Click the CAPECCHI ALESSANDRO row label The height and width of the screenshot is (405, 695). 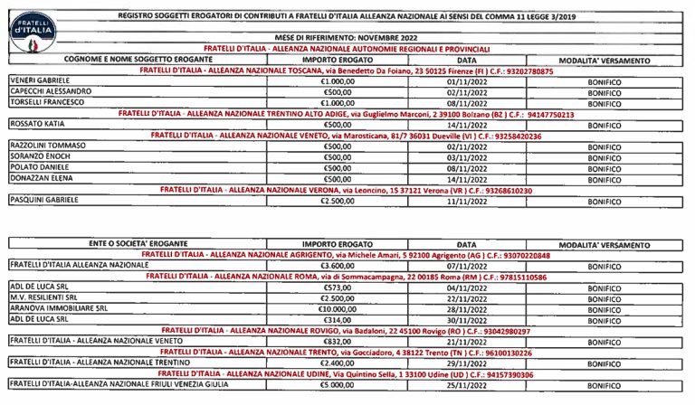[51, 91]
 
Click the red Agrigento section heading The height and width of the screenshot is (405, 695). [347, 256]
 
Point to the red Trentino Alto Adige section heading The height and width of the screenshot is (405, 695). [347, 113]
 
